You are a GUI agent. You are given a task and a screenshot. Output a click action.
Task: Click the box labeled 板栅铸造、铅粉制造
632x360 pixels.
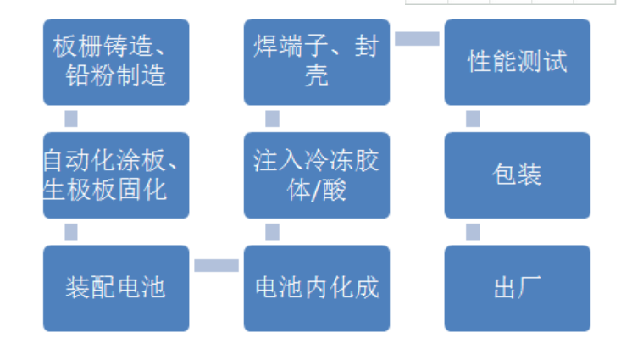(x=116, y=62)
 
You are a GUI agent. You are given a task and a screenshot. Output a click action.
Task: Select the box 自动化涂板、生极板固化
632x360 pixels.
(x=116, y=175)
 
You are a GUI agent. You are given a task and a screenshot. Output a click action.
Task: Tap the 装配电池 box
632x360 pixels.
(x=116, y=288)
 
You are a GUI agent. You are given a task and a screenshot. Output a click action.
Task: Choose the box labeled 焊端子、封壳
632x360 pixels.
(x=317, y=62)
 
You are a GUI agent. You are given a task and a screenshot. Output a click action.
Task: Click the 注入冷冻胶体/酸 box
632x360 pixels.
(x=317, y=175)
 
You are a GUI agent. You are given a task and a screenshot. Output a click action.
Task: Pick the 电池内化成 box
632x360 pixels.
(x=317, y=288)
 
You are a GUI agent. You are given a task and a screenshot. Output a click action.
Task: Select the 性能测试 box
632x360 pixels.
(x=518, y=62)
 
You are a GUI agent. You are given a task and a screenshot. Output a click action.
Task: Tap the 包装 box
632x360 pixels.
(x=518, y=175)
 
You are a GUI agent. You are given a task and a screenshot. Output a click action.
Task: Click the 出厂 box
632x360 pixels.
(x=518, y=288)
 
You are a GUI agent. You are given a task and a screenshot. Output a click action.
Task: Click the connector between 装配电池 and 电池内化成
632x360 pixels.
(x=216, y=265)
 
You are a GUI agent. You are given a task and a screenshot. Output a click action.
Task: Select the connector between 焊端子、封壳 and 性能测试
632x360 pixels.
(x=417, y=39)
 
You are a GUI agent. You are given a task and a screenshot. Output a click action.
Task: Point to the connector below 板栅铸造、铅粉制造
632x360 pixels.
(x=71, y=119)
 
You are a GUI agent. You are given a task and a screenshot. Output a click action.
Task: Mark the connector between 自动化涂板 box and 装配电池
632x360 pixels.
(x=71, y=232)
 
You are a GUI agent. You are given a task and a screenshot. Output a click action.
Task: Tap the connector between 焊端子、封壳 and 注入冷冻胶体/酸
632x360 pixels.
(x=273, y=119)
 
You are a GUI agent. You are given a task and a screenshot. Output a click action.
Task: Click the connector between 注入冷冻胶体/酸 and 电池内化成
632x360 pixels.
(x=273, y=232)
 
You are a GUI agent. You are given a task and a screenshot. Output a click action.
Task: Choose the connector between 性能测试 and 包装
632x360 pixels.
(x=474, y=119)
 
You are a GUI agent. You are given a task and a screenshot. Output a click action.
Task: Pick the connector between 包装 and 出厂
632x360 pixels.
(x=474, y=232)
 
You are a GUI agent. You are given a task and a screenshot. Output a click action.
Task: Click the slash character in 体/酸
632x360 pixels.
(x=317, y=191)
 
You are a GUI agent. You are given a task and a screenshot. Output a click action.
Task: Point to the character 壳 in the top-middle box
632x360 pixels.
(x=317, y=75)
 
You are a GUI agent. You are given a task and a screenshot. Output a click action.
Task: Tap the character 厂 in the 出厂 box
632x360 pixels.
(x=529, y=287)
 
